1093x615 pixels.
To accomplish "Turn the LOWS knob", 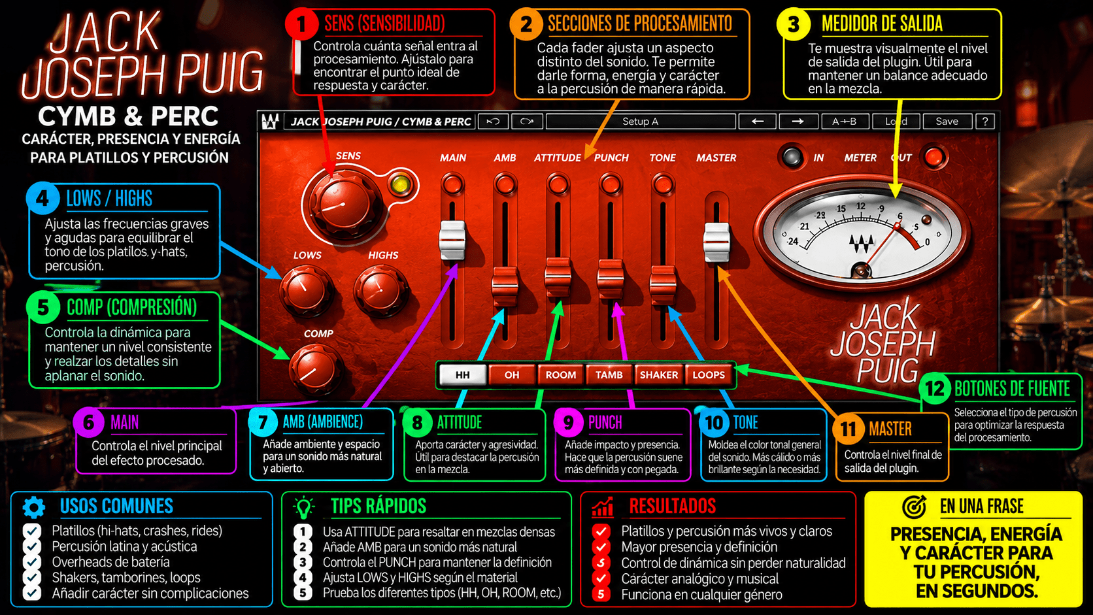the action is tap(305, 290).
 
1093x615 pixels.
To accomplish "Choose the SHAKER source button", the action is tap(659, 374).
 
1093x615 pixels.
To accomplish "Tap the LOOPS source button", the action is tap(709, 374).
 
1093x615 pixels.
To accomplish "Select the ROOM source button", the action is tap(561, 374).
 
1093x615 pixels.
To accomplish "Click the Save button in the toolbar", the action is tap(947, 121).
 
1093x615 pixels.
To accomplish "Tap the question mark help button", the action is tap(985, 121).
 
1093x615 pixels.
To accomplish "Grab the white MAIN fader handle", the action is tap(452, 241).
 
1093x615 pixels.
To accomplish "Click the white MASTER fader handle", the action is tap(716, 243).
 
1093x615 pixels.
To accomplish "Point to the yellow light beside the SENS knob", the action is tap(401, 184).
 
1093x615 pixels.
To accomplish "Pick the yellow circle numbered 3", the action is tap(794, 24).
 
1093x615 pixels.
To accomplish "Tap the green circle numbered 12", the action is tap(935, 389).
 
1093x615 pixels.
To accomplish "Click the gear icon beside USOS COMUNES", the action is tap(34, 507).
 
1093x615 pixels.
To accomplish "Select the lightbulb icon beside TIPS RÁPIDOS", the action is tap(303, 507).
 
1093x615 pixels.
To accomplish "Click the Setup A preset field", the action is tap(640, 121).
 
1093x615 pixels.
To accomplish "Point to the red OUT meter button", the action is tap(934, 157).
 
